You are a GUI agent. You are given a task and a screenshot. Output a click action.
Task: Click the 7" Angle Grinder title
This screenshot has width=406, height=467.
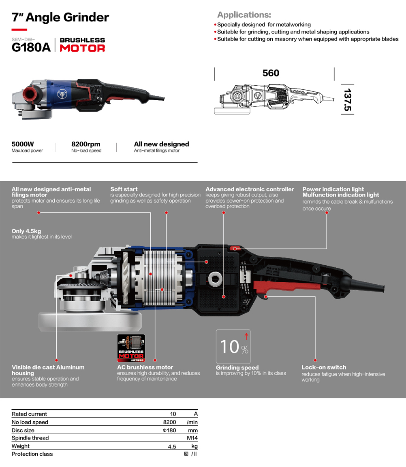point(60,18)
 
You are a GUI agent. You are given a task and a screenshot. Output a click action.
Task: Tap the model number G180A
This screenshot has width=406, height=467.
point(31,47)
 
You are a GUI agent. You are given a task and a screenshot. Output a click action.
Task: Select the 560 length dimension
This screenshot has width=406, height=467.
point(271,73)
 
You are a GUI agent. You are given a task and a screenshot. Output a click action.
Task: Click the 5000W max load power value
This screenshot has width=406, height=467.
point(23,144)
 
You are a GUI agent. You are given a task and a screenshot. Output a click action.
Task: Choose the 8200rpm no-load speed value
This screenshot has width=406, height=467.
point(85,144)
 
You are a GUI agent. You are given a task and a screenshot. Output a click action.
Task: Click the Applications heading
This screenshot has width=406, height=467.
point(244,15)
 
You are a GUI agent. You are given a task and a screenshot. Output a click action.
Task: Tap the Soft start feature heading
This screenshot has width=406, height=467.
point(124,189)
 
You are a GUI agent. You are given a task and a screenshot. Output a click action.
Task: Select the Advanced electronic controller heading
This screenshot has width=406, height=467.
point(250,189)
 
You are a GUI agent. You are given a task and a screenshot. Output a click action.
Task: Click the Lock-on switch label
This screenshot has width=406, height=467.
point(324,367)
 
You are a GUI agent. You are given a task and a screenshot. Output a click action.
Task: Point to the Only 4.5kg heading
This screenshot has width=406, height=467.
point(26,231)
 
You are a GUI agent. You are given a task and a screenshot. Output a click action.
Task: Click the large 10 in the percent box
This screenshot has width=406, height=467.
point(230,347)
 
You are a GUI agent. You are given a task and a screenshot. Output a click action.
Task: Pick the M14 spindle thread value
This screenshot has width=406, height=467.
point(192,438)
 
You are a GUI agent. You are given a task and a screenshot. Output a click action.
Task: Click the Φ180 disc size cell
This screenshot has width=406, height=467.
point(169,430)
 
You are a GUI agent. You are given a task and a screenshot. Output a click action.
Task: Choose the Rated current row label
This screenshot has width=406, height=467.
point(29,414)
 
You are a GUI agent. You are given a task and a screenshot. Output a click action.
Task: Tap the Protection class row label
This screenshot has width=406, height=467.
point(32,454)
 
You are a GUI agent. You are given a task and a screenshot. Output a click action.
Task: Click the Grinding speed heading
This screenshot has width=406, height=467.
point(237,368)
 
